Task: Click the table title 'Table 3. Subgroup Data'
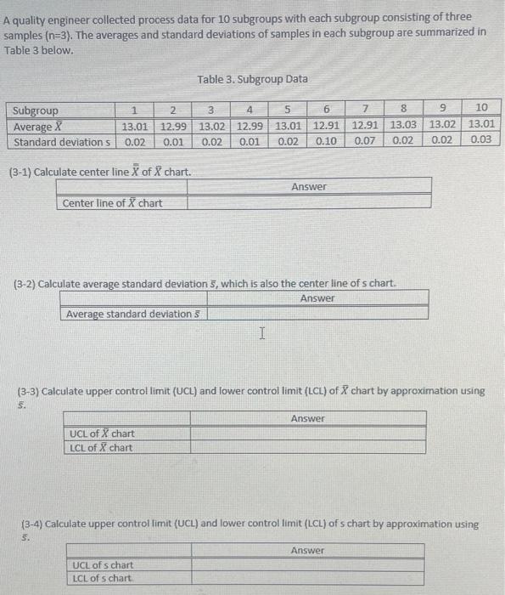tap(252, 79)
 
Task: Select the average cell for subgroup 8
tap(403, 126)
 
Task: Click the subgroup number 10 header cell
tap(481, 109)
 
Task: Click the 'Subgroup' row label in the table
tap(35, 110)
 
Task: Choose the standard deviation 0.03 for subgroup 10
tap(480, 140)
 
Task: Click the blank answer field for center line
tap(308, 202)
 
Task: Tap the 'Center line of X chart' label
tap(112, 202)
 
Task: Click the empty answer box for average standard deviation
tap(317, 314)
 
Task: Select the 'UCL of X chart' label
tap(102, 434)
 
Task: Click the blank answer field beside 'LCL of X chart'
tap(307, 448)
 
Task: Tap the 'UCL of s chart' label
tap(103, 565)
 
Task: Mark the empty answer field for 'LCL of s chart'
tap(307, 579)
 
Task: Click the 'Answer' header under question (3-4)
tap(307, 551)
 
